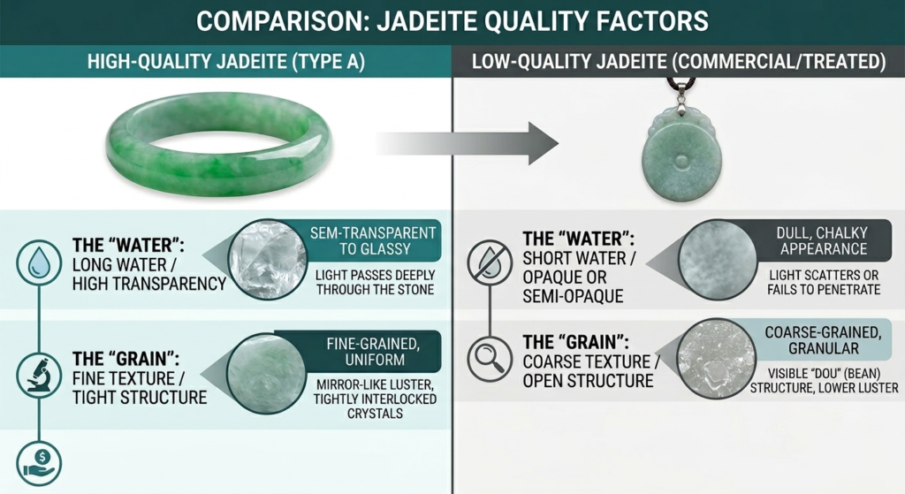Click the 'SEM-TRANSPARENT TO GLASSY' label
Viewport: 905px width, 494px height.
373,240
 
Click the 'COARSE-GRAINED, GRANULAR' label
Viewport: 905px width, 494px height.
822,340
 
